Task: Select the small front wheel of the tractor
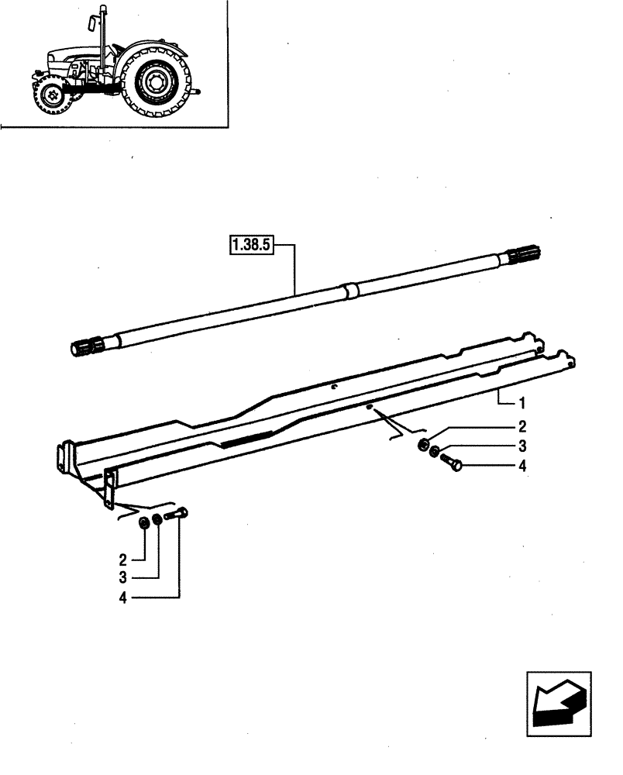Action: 53,95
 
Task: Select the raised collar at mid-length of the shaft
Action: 351,291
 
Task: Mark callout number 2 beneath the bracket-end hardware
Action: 122,559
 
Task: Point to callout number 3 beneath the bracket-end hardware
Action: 122,578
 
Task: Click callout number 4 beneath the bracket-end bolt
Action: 122,598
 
